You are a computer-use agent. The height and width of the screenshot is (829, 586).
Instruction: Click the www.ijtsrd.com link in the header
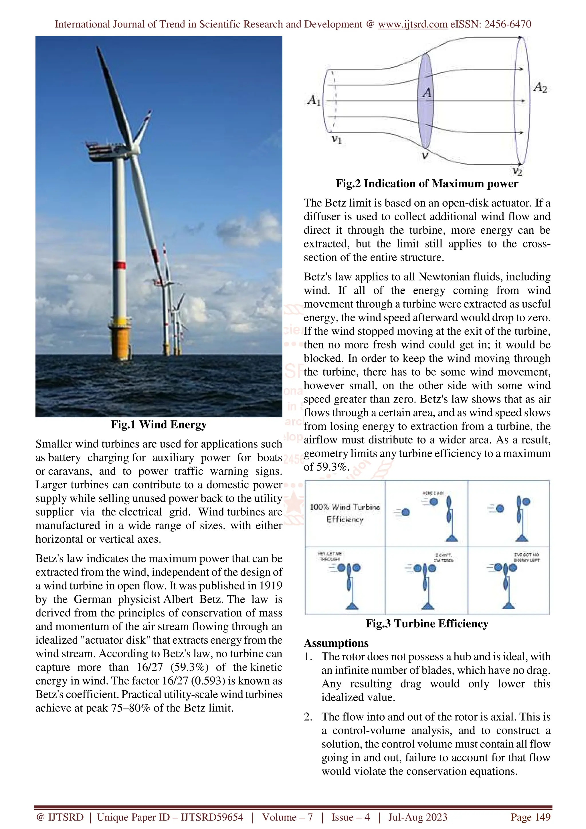(x=412, y=24)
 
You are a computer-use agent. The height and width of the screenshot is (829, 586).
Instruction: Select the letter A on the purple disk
(x=427, y=93)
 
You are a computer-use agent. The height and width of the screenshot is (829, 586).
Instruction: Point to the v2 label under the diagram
(x=517, y=171)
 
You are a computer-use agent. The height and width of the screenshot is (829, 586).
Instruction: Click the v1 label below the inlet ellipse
(x=336, y=139)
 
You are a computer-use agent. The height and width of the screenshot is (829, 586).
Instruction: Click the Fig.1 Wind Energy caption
(x=159, y=425)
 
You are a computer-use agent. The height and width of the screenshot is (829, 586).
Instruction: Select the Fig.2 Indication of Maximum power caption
(x=427, y=184)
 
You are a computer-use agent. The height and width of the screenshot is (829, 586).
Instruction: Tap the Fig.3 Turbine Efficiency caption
(x=427, y=624)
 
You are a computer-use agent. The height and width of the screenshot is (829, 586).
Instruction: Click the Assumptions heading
(x=336, y=643)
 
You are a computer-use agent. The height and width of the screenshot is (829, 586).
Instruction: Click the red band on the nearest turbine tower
(x=120, y=265)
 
